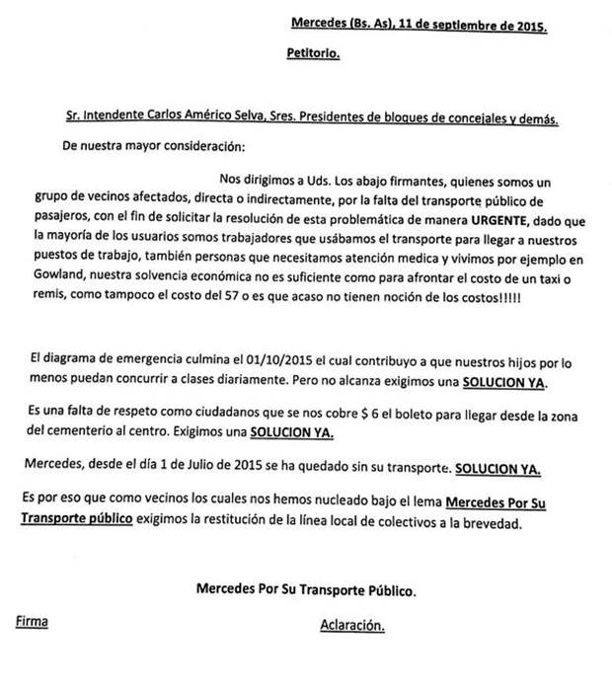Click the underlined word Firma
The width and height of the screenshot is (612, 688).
click(32, 624)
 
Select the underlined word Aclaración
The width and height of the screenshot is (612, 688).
click(350, 627)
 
